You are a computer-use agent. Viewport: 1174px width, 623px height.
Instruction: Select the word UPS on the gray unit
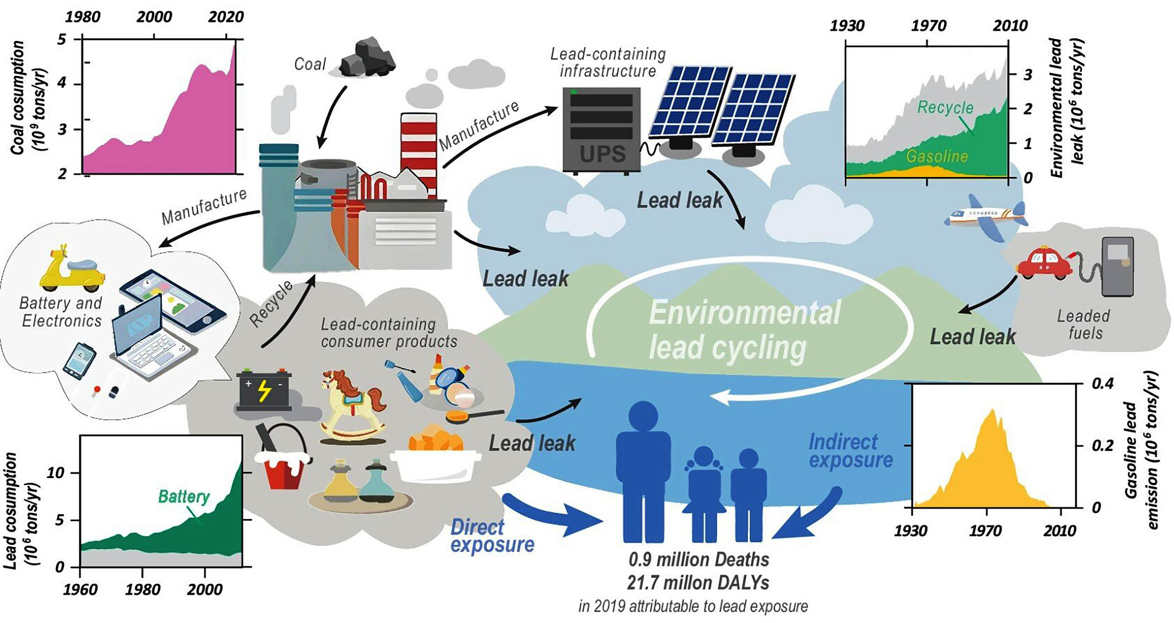coord(602,153)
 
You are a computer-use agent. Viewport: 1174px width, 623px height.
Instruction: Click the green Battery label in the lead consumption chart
coord(184,496)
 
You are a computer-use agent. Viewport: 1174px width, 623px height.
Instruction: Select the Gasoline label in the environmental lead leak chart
coord(937,156)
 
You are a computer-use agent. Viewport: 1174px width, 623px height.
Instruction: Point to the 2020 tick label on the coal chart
coord(226,17)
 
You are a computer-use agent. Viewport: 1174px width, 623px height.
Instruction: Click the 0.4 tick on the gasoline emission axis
coord(1102,383)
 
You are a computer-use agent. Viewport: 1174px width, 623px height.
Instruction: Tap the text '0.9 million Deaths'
coord(699,559)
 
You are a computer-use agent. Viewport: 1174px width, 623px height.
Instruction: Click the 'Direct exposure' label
coord(492,536)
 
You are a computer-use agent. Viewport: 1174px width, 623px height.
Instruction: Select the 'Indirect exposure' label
coord(850,451)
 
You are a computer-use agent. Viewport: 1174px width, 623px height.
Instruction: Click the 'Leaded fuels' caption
coord(1084,324)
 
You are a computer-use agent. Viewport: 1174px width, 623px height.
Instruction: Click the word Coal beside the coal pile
coord(310,64)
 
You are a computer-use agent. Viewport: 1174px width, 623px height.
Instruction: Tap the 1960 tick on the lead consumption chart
coord(80,589)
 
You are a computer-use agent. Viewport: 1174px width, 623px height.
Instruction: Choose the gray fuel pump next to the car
coord(1117,266)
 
